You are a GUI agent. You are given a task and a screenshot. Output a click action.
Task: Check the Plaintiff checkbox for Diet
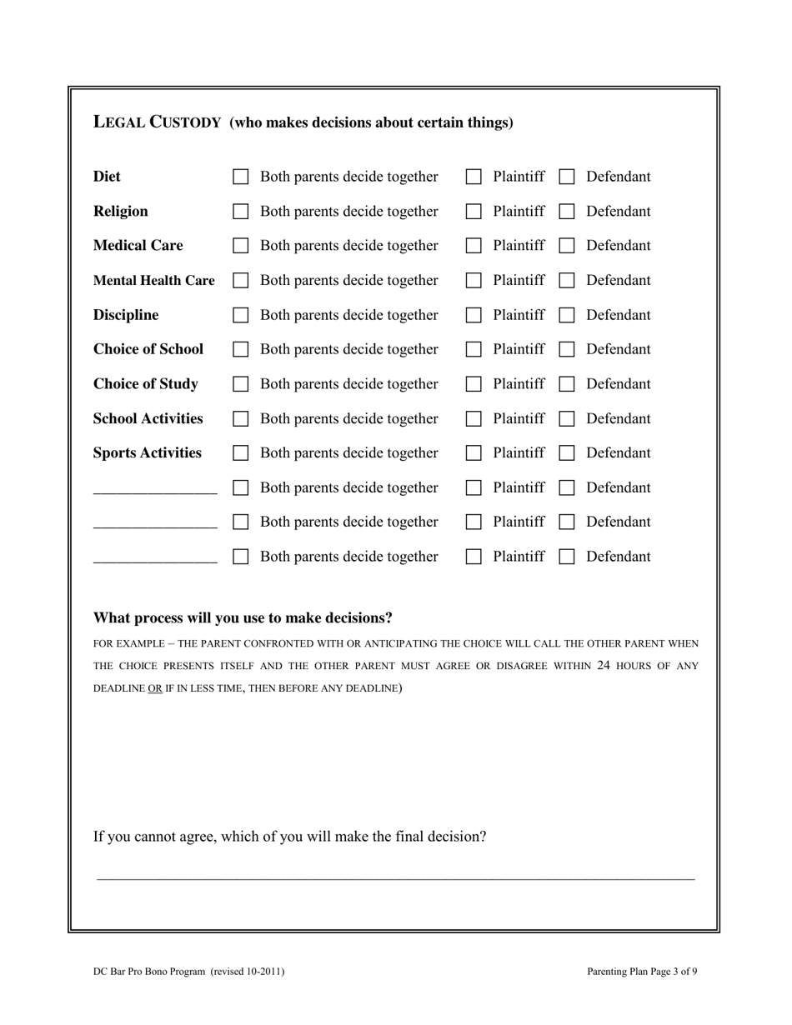[474, 177]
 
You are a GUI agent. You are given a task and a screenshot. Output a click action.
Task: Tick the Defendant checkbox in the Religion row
[567, 212]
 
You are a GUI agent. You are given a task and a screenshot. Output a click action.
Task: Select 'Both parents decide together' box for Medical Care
[241, 246]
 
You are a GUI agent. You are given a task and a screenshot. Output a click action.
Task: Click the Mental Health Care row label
[153, 281]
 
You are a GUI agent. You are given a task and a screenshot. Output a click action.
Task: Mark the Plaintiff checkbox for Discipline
[474, 315]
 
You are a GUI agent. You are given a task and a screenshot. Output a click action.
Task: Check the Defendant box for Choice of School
[567, 350]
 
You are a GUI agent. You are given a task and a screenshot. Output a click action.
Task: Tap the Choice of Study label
[146, 384]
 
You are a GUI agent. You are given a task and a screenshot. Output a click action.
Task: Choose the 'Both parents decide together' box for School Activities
[241, 418]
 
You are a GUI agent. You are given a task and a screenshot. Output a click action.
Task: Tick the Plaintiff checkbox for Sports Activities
[474, 453]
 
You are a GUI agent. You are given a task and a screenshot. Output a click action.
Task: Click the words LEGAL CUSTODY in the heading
[157, 122]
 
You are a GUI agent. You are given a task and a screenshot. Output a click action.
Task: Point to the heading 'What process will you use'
[243, 618]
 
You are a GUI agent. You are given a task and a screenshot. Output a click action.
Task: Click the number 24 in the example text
[604, 666]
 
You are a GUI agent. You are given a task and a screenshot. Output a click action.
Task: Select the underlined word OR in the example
[155, 688]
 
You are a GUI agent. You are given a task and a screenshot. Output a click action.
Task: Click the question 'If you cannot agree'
[290, 837]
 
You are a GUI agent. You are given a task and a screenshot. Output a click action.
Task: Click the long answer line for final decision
[396, 877]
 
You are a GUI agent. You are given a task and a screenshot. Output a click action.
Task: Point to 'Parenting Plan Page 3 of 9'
[642, 972]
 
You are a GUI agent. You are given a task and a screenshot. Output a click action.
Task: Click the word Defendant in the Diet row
[618, 177]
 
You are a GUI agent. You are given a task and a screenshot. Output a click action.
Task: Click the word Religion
[121, 212]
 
